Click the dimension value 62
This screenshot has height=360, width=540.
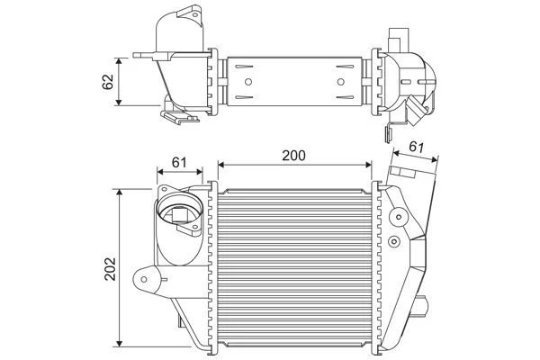107,81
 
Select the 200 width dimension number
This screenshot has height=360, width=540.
293,155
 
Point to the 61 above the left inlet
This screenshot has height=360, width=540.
178,162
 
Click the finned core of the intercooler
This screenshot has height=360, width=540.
293,270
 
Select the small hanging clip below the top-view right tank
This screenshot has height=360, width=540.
387,134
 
